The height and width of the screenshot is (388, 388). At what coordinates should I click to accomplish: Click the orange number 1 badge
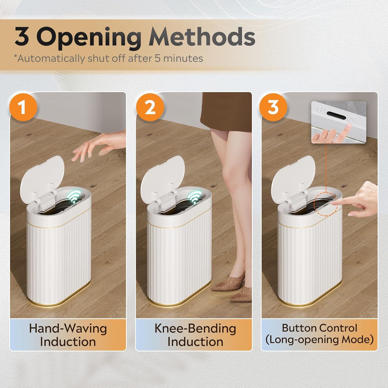(23, 107)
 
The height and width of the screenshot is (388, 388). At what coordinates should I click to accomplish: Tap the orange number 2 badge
(150, 107)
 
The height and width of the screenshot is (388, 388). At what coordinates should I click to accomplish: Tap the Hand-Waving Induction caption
(68, 335)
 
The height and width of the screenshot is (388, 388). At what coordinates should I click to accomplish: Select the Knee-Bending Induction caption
(195, 335)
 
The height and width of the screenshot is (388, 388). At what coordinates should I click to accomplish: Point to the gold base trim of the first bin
(59, 303)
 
